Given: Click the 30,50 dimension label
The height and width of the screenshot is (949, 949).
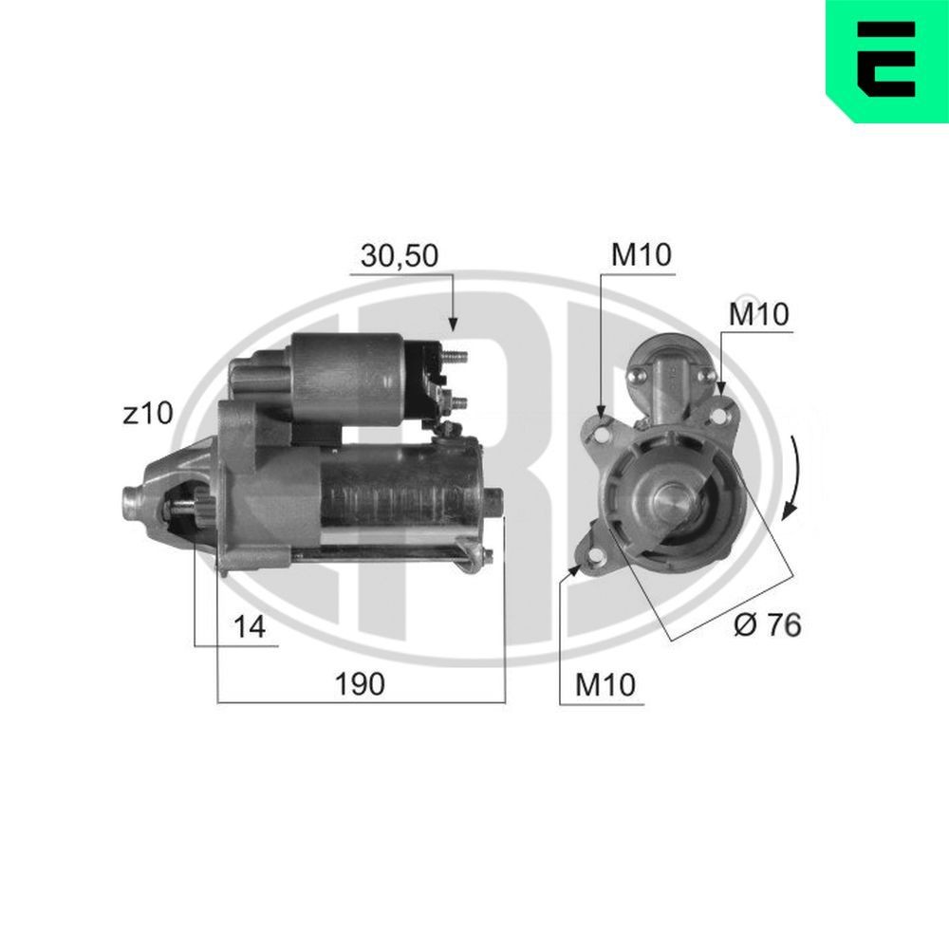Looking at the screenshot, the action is (x=399, y=255).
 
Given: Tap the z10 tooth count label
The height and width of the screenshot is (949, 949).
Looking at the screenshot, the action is (x=148, y=414).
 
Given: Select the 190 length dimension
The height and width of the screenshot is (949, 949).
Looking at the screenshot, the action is (x=360, y=684).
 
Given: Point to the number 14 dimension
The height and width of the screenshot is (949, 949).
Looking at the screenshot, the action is (x=250, y=626).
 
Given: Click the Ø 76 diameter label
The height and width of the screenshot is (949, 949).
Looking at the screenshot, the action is (x=768, y=624).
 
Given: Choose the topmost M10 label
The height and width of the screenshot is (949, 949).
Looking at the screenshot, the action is (x=641, y=254).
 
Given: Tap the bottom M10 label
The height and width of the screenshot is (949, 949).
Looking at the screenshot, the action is (x=605, y=684).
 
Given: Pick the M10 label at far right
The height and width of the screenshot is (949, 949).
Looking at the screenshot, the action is (x=759, y=314).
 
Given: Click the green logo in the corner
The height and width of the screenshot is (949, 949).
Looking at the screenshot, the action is (x=887, y=61).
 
